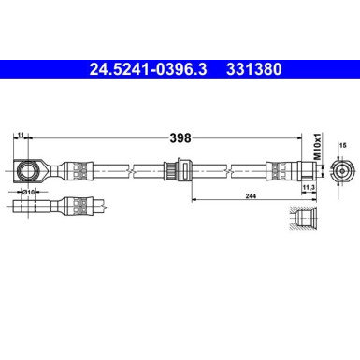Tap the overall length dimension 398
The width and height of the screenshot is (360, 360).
tap(180, 137)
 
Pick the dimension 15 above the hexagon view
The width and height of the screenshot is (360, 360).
tap(342, 145)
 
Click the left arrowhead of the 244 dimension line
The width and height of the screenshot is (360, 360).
tap(194, 198)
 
